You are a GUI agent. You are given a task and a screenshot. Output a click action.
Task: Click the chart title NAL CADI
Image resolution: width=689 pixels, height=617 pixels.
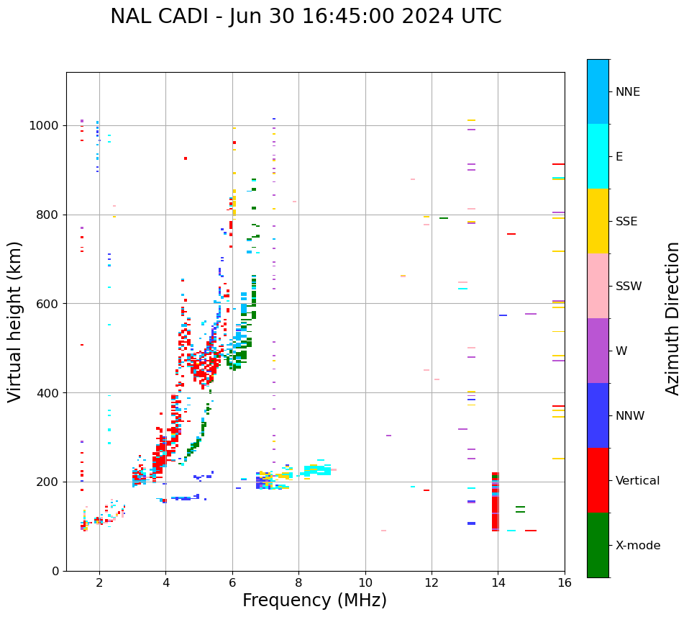pos(306,17)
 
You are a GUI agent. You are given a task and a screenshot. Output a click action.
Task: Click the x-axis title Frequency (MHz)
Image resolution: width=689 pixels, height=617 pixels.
pos(314,600)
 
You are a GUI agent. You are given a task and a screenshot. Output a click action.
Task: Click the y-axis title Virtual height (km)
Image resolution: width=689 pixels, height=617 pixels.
pos(15,321)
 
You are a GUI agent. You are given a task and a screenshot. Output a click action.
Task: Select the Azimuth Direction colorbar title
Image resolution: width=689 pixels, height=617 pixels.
pos(672,318)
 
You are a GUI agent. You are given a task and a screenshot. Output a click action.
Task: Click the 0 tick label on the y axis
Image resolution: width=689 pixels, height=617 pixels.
pos(55,571)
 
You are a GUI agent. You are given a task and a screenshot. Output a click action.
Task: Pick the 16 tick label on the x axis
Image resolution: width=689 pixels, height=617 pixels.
pos(565,583)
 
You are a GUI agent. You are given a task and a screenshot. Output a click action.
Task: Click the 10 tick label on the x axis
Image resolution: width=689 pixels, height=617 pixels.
pos(365,583)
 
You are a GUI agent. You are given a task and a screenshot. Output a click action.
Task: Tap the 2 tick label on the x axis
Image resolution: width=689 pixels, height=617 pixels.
pos(99,583)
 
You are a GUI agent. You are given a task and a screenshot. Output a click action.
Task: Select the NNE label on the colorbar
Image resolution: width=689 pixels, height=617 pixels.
pos(627,92)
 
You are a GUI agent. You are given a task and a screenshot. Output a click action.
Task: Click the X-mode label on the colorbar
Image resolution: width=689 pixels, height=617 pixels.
pos(637,546)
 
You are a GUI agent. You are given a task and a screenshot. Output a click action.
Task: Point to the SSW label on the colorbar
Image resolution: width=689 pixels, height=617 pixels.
pos(629,287)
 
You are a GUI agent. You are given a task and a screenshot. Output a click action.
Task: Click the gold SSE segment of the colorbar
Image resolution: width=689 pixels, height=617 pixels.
pos(598,221)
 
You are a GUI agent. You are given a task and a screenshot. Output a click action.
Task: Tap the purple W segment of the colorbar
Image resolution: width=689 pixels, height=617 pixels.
pos(598,351)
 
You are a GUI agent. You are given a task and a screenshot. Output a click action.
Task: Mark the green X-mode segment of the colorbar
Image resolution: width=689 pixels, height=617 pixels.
pos(598,545)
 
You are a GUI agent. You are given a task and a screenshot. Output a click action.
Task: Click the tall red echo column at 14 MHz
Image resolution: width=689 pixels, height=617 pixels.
pos(495,503)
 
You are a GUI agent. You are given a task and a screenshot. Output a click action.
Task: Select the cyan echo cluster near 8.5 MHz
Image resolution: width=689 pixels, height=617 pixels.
pos(317,470)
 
